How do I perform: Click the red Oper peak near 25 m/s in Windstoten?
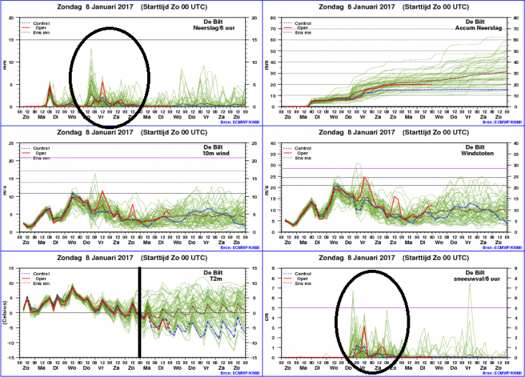pyautogui.click(x=364, y=177)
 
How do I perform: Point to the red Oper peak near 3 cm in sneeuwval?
pyautogui.click(x=364, y=327)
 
